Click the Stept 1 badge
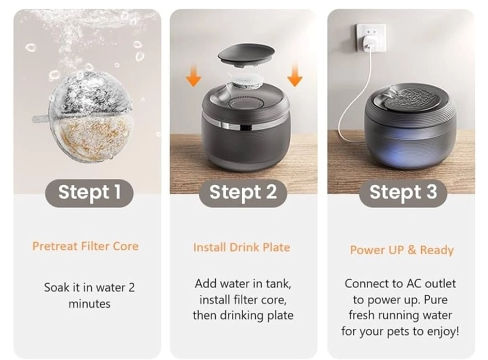point(89,192)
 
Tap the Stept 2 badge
point(243,192)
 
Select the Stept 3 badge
point(403,192)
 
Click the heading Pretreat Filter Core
point(85,246)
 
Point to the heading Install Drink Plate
point(241,248)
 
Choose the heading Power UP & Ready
point(402,250)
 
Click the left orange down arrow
point(193,75)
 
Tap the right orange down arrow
point(295,75)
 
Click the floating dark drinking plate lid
point(246,56)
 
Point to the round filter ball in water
point(91,117)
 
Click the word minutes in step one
point(89,304)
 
